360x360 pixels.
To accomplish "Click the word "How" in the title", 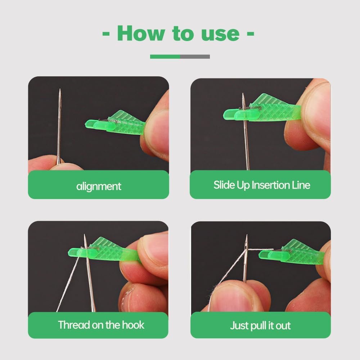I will click(x=141, y=33).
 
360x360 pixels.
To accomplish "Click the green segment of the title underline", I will click(x=165, y=57).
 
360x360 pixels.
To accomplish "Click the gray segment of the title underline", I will click(x=195, y=57).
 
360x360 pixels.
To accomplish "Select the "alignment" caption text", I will click(x=99, y=186).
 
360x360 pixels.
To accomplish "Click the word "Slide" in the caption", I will click(x=224, y=185).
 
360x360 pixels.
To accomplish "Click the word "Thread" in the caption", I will click(x=74, y=325).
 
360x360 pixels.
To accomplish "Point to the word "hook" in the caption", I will click(x=133, y=325).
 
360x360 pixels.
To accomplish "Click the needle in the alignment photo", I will click(x=59, y=126).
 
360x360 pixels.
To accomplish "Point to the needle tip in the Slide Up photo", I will click(x=243, y=95).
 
